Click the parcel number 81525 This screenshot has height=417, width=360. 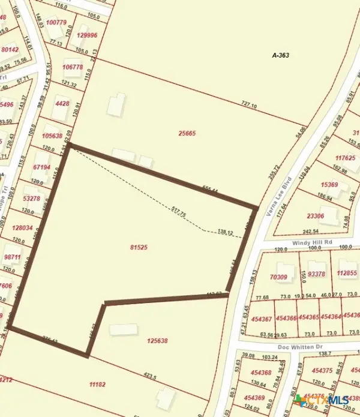(138, 247)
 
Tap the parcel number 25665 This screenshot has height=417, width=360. (187, 133)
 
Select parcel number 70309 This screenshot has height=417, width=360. (281, 277)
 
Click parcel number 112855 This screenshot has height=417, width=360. (347, 274)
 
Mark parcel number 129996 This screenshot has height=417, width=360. (88, 35)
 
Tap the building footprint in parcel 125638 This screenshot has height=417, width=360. (124, 330)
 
